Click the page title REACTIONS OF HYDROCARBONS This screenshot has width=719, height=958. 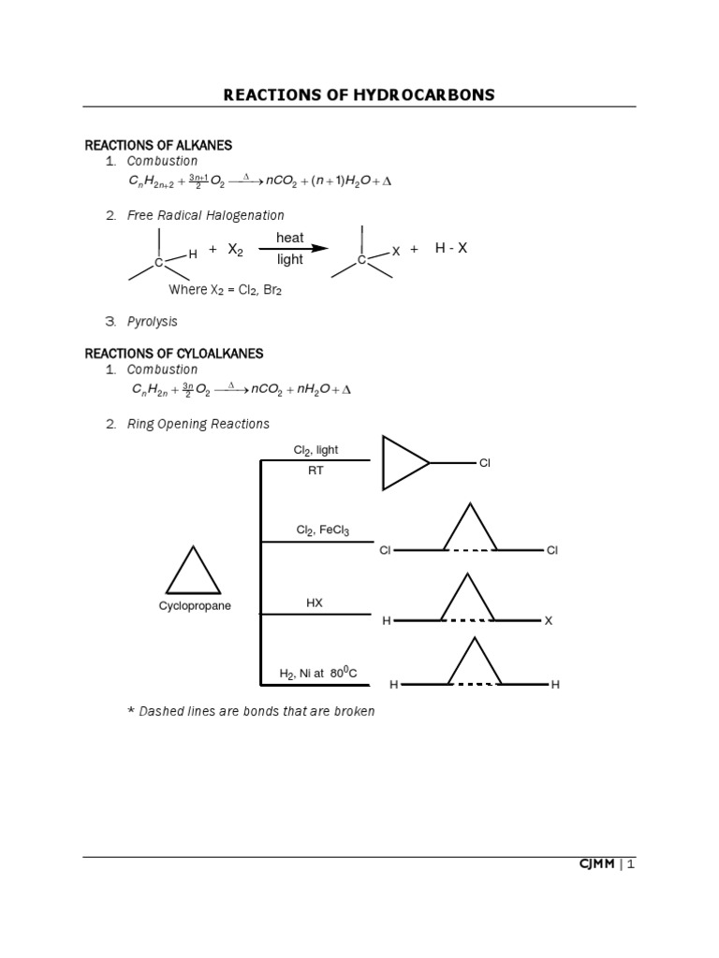point(359,94)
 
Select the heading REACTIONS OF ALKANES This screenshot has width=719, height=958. point(158,145)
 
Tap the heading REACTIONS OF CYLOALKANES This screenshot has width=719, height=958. point(174,354)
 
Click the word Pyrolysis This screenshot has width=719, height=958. point(153,322)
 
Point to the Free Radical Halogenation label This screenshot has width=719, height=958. point(206,215)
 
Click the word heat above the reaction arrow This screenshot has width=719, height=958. point(290,238)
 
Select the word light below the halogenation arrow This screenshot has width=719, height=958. point(290,259)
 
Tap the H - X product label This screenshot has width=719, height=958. point(450,249)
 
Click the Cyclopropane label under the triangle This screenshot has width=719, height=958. point(195,605)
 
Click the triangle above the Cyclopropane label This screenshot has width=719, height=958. point(193,573)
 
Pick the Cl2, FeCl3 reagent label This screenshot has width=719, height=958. point(322,530)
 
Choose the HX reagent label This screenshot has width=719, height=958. point(315,603)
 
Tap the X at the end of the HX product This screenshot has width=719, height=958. point(549,620)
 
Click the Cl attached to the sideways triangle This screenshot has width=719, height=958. point(485,463)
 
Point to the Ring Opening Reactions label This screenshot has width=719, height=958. point(198,424)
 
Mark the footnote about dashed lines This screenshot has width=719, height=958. point(251,711)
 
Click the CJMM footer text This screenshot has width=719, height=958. point(596,864)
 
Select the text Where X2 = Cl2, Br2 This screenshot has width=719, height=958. point(226,290)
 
